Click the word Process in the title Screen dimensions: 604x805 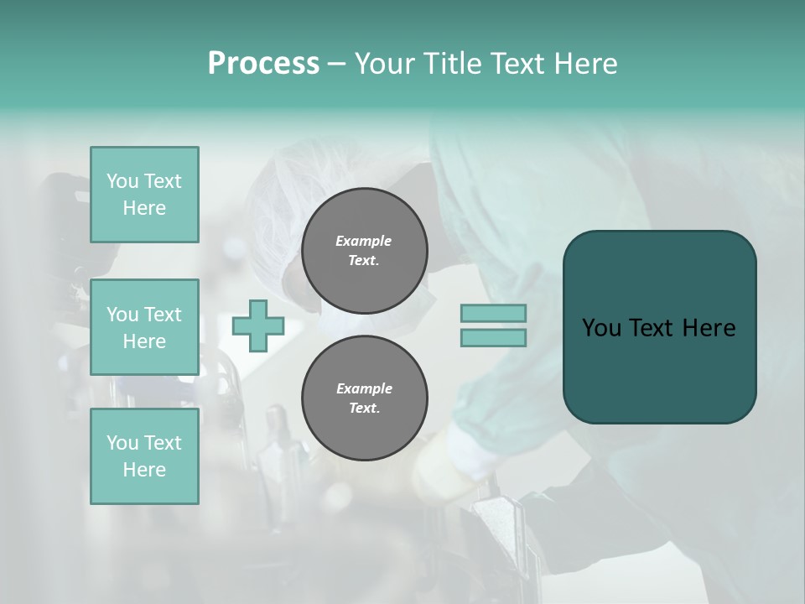(263, 64)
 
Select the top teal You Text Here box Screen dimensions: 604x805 (144, 195)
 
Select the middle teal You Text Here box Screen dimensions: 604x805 (144, 327)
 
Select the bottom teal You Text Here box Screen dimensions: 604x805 (144, 456)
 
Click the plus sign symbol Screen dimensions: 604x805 (257, 325)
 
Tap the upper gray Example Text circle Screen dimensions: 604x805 (364, 251)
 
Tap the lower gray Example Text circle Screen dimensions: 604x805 (364, 398)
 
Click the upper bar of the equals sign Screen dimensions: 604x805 (493, 313)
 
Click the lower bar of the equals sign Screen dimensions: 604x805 (493, 338)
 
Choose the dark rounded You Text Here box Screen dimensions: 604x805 (659, 327)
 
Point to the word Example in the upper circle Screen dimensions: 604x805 (364, 241)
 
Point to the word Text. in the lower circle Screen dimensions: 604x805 (364, 409)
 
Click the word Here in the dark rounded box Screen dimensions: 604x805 (709, 328)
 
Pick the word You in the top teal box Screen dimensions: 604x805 (122, 181)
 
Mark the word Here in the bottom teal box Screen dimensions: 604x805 (144, 470)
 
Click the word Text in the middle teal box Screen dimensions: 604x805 (163, 315)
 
